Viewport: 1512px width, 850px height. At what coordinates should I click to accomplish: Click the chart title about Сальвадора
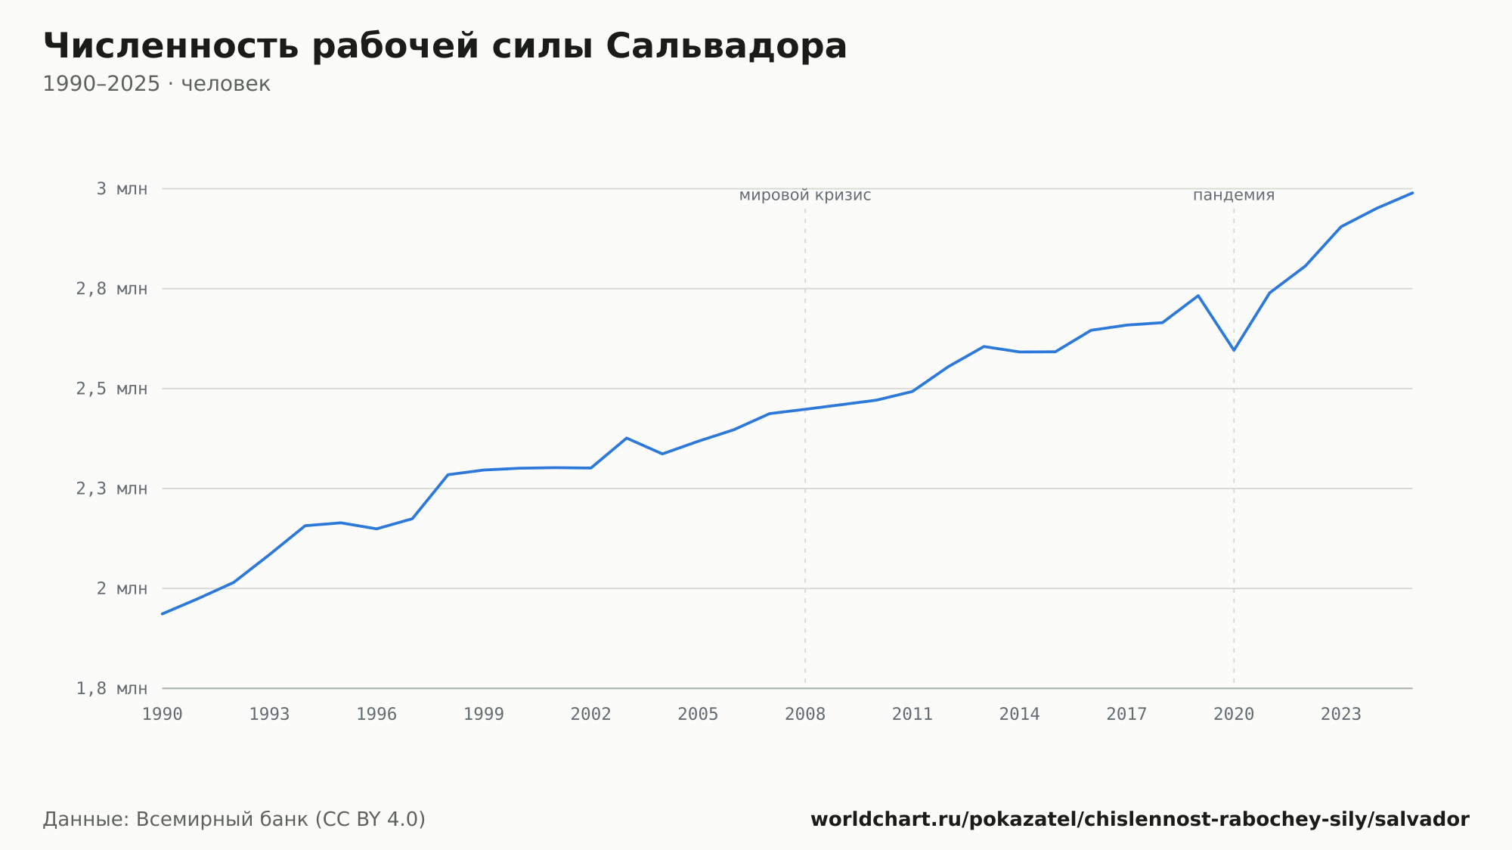[445, 47]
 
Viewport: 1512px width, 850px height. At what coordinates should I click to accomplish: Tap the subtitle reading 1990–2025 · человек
[156, 84]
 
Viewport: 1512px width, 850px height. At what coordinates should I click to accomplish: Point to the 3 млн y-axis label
[122, 189]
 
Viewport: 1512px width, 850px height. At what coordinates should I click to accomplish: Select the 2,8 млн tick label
[112, 289]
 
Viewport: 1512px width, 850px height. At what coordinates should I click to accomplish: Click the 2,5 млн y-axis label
[112, 389]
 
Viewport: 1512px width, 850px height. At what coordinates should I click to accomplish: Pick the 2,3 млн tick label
[112, 489]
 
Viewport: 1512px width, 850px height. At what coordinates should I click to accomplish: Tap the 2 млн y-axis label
[122, 588]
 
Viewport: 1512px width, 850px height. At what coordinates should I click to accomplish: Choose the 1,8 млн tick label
[112, 688]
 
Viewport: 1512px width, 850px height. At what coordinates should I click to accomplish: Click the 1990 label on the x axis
[163, 715]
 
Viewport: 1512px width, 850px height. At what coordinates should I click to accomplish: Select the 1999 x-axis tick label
[484, 715]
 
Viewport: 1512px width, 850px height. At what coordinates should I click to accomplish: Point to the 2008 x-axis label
[805, 715]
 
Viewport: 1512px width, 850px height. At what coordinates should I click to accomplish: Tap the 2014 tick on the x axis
[1020, 715]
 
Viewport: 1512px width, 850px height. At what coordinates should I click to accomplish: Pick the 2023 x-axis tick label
[1341, 715]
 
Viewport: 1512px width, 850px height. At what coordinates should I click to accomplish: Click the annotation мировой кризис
[805, 196]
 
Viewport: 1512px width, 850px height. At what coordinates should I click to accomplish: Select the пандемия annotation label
[1234, 196]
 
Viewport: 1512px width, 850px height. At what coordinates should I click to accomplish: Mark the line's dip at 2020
[1234, 350]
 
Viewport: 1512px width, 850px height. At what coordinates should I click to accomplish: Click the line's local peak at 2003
[627, 438]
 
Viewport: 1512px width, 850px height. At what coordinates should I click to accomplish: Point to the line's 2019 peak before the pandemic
[1198, 296]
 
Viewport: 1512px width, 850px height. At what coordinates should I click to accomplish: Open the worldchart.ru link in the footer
[1140, 820]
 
